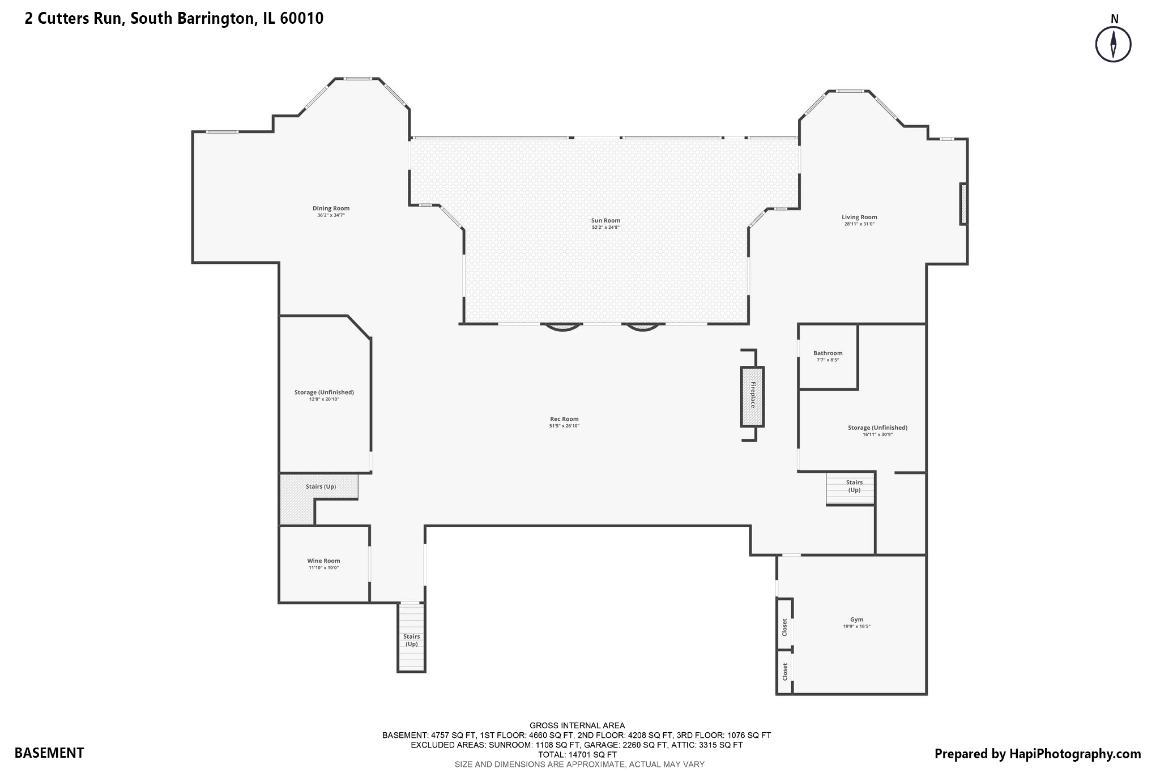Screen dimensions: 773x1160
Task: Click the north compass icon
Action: (x=1113, y=44)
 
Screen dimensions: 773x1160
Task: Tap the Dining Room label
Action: (x=331, y=208)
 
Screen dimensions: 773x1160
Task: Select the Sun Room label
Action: (x=605, y=221)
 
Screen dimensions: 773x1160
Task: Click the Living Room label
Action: (x=859, y=217)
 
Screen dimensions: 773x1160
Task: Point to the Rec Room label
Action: (x=564, y=419)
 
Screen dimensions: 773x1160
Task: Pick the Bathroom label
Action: (x=828, y=353)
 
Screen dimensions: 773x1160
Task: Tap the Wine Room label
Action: (x=323, y=561)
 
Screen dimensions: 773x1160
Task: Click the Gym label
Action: (x=856, y=620)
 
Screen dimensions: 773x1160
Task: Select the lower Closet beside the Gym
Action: (x=784, y=672)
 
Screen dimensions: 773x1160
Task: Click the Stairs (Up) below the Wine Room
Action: (x=411, y=640)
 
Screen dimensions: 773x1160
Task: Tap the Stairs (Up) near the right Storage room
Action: (x=854, y=486)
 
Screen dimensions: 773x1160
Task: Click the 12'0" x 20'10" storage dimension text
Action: (x=324, y=399)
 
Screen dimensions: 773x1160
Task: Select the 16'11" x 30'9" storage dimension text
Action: (x=877, y=434)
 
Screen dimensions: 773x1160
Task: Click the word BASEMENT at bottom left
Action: (x=49, y=753)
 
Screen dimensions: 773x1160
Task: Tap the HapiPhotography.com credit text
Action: (x=1037, y=754)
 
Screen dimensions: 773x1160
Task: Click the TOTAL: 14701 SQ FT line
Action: (x=577, y=754)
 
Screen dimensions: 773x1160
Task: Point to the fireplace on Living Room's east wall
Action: (x=963, y=204)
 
